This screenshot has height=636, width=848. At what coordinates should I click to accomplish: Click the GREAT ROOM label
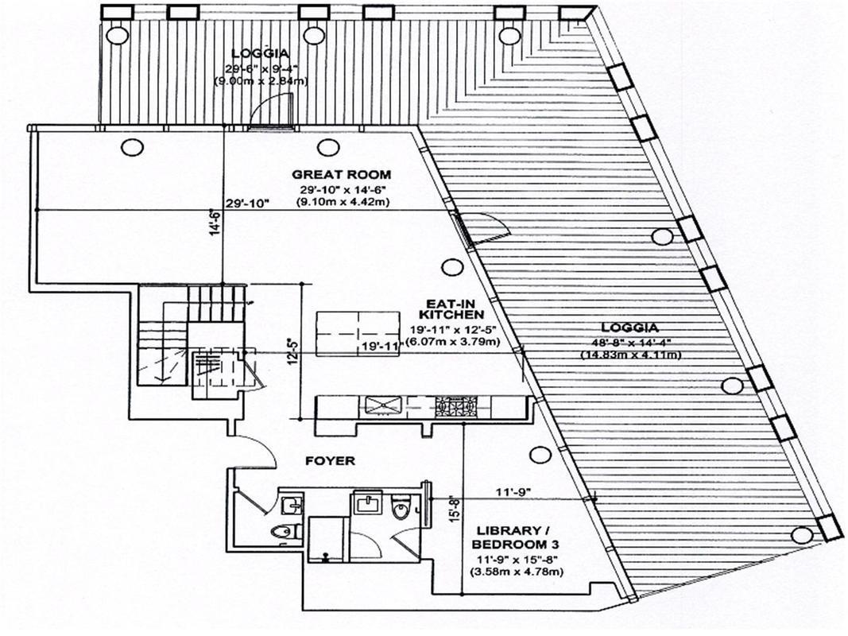341,174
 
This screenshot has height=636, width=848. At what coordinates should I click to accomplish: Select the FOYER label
330,460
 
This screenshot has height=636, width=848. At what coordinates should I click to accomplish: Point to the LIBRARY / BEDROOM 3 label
509,537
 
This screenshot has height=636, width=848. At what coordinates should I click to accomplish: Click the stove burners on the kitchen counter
455,408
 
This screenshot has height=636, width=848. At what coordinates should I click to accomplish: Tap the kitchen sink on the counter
385,408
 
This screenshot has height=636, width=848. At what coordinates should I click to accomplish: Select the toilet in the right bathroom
401,504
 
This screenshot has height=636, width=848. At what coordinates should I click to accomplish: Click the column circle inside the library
540,455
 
